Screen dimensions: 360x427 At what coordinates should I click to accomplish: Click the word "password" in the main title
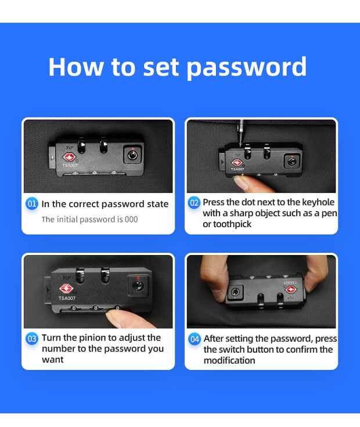coord(247,67)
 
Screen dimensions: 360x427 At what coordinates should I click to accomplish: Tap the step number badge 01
coord(31,204)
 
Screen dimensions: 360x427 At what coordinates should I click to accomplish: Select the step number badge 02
coord(194,203)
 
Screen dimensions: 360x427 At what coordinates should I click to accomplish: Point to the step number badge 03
coord(31,339)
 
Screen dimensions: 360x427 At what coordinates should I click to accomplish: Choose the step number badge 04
coord(195,339)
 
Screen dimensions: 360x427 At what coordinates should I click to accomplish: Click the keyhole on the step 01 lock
coord(132,155)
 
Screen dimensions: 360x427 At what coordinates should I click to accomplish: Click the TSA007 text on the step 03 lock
coord(67,298)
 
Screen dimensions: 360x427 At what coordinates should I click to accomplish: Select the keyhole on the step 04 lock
coord(235,292)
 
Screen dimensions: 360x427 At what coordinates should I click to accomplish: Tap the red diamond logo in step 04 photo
coord(290,289)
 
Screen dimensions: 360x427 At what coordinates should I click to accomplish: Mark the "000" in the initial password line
coord(131,219)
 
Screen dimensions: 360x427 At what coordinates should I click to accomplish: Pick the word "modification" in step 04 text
coord(229,360)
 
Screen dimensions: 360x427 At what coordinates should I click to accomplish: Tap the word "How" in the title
coord(76,67)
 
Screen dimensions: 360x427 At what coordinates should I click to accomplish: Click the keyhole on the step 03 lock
coord(138,286)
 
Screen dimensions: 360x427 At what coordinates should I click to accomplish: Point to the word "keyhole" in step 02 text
coord(318,202)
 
